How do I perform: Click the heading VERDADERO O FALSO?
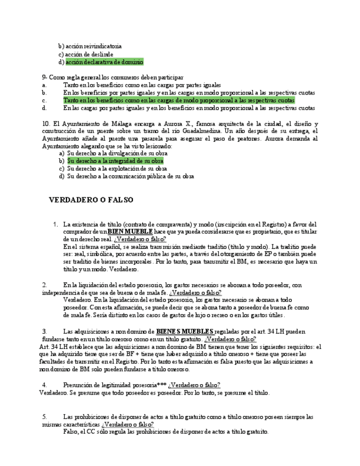click(x=91, y=200)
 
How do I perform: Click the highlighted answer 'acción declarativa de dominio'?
click(x=104, y=62)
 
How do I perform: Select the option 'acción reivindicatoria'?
click(x=93, y=46)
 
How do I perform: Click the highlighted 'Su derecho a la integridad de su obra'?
click(x=115, y=161)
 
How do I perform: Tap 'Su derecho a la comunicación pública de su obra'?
click(x=130, y=176)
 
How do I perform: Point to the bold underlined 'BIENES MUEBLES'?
click(x=185, y=332)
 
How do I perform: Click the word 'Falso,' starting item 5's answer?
click(x=72, y=432)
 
